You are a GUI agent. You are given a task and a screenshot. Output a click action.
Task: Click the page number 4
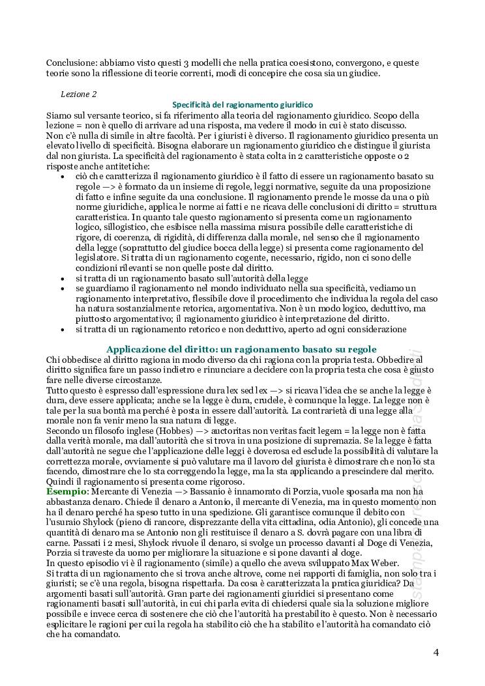click(435, 653)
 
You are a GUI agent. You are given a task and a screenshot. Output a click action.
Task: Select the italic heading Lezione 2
click(79, 94)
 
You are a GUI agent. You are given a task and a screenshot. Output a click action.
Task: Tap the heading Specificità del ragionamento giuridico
click(242, 104)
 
